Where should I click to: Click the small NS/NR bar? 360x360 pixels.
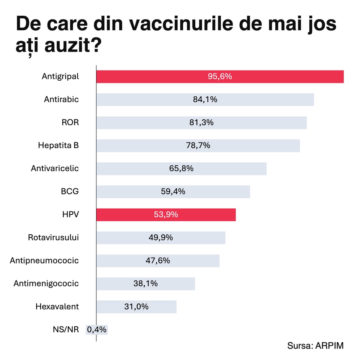pos(97,330)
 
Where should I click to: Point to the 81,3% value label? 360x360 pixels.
pos(201,123)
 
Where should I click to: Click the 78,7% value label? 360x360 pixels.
pos(198,145)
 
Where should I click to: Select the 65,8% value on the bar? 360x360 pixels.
pos(181,168)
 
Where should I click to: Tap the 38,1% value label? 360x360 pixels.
pos(145,283)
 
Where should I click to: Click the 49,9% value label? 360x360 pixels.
pos(161,237)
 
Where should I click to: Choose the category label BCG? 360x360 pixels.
pos(70,191)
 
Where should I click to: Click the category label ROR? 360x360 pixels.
pos(70,123)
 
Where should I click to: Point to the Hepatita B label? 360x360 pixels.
pos(58,145)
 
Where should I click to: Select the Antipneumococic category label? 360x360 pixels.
pos(44,260)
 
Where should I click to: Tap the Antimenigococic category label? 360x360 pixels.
pos(46,283)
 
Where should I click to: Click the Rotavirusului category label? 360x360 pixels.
pos(53,237)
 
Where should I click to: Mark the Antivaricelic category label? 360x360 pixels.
pos(55,168)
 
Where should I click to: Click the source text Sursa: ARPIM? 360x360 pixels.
pos(315,346)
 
